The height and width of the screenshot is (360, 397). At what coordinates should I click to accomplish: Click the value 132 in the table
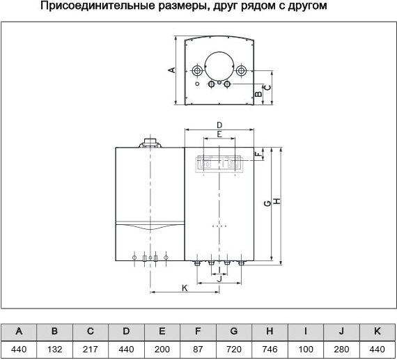[x=54, y=350]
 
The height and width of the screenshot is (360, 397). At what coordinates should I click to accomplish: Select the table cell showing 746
[x=270, y=350]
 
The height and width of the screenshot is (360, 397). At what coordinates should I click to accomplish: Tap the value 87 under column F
[x=198, y=350]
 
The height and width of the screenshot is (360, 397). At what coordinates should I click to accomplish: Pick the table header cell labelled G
[x=234, y=331]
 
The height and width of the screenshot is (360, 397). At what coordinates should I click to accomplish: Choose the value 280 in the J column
[x=341, y=350]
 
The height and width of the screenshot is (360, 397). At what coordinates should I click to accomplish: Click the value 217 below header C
[x=91, y=350]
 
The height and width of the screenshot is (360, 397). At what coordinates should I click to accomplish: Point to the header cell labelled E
[x=162, y=331]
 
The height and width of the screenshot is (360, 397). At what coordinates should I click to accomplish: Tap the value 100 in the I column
[x=306, y=350]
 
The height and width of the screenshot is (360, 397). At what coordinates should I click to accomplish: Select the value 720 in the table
[x=234, y=350]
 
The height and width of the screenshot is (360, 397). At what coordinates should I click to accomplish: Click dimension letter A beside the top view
[x=171, y=70]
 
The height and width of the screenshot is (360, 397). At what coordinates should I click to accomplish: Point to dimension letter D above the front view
[x=219, y=125]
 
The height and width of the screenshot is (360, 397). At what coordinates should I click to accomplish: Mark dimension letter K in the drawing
[x=185, y=288]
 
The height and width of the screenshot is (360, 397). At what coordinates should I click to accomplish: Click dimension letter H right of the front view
[x=278, y=201]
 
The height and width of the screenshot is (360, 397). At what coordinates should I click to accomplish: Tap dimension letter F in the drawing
[x=258, y=154]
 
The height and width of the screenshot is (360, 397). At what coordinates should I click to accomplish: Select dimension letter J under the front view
[x=219, y=279]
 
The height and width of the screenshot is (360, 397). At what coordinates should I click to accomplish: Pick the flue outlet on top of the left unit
[x=150, y=143]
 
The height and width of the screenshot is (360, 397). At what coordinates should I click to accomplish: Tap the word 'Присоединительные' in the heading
[x=98, y=6]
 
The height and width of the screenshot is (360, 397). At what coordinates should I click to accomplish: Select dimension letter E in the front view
[x=219, y=134]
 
